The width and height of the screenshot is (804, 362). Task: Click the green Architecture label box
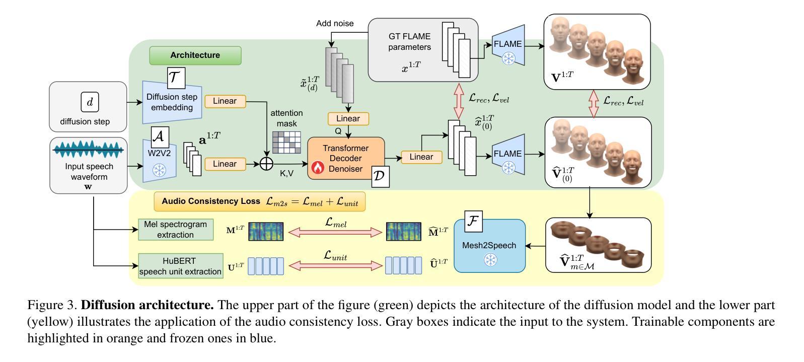coord(195,55)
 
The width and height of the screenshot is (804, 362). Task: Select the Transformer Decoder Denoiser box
coord(346,158)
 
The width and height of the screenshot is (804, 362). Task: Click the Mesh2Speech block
coord(490,246)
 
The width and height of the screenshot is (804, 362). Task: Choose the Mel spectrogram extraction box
coord(175,230)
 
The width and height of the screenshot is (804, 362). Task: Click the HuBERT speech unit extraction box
coord(180,266)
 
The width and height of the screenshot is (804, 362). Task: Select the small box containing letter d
coord(90,102)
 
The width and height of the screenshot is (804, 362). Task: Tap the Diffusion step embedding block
coord(172,102)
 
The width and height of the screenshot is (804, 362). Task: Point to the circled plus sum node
coord(266,164)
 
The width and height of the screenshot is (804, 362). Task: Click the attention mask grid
coord(286,142)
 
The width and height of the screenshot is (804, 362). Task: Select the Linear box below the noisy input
coord(348,119)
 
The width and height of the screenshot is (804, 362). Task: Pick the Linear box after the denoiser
coord(421,157)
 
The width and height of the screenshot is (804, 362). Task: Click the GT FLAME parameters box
coord(409,49)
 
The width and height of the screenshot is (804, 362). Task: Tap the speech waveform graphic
coord(88,150)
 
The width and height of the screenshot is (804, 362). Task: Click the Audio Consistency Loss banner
coord(259,201)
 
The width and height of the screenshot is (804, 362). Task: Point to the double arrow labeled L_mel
coord(336,232)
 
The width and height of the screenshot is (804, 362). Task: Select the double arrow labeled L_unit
coord(336,266)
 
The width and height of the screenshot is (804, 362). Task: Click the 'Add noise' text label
coord(335,24)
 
